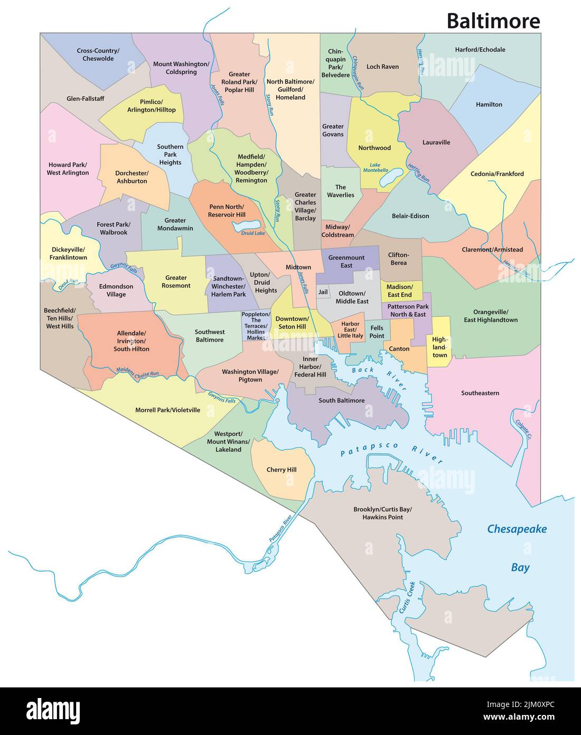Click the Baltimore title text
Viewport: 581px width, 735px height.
pos(493,21)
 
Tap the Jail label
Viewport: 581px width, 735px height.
pos(323,292)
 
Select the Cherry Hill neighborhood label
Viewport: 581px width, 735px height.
pos(281,470)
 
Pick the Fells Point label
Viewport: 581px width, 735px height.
pos(377,332)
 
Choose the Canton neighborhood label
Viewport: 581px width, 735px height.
pos(399,349)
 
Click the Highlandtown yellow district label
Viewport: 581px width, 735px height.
pos(439,347)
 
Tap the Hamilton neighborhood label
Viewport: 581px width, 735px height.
pos(489,105)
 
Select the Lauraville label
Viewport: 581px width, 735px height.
pos(436,142)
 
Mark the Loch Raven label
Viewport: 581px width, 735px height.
pos(382,67)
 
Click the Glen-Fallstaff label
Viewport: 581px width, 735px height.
pos(85,99)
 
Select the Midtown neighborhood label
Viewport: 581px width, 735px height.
pos(298,268)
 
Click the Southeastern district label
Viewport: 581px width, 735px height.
pos(480,393)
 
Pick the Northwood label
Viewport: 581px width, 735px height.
pos(374,148)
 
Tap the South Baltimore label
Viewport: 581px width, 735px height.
pos(341,400)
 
